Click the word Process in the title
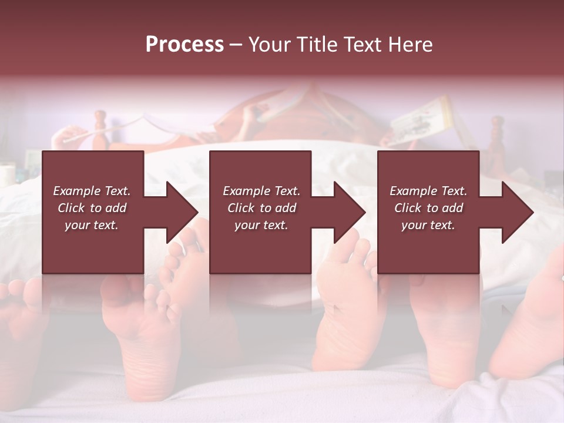point(184,45)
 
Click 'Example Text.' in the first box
point(92,191)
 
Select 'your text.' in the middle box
point(261,225)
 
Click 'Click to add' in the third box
point(428,208)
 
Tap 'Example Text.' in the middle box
point(261,191)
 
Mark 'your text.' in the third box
point(428,225)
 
